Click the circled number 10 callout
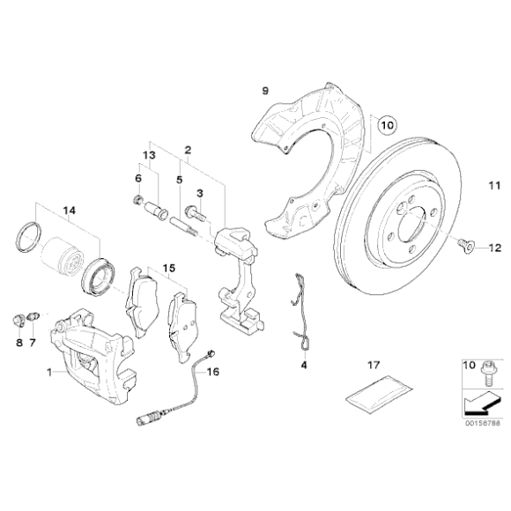point(387,125)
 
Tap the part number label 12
point(495,248)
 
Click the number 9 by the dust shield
point(265,91)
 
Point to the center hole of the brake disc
point(412,226)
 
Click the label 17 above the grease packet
point(374,365)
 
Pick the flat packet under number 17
point(379,394)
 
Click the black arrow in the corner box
point(481,404)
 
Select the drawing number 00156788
point(482,423)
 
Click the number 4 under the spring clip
point(304,365)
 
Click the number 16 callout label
point(213,372)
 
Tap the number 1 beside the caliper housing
point(49,372)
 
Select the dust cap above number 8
point(19,320)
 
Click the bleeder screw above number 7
point(33,315)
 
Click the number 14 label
point(69,211)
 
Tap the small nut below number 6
point(137,199)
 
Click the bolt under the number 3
point(195,213)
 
